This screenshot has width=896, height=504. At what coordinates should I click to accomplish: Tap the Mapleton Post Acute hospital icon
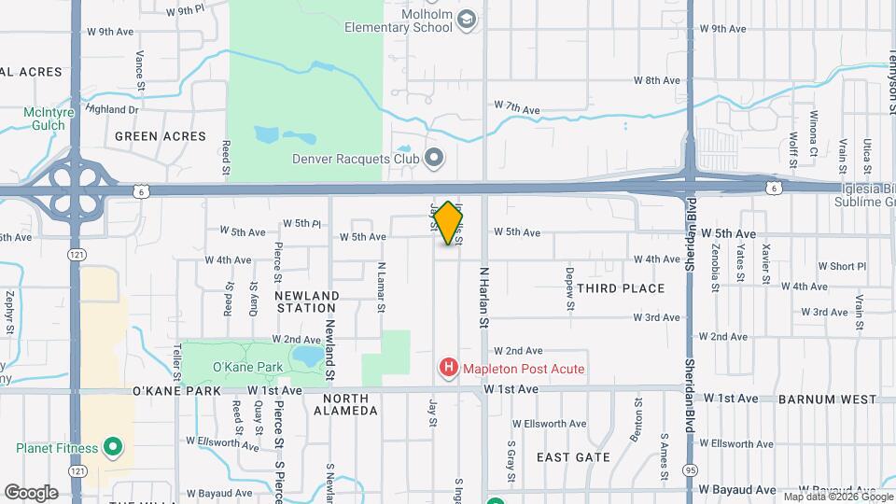point(449,369)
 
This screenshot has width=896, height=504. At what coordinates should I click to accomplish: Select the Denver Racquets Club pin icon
point(433,158)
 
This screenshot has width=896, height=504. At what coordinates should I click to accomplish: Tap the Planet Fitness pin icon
point(113,448)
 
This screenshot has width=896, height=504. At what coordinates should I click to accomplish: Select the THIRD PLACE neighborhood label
point(621,288)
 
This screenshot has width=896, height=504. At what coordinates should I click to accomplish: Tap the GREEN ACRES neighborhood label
point(160,136)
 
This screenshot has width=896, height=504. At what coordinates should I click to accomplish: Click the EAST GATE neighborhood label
point(573,457)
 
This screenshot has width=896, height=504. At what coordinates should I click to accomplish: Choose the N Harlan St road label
point(484,297)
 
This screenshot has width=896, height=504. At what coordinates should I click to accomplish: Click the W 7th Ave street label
point(517,108)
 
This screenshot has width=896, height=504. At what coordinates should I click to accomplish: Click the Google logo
point(32,492)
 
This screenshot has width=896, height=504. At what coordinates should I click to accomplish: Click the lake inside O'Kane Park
point(306,357)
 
